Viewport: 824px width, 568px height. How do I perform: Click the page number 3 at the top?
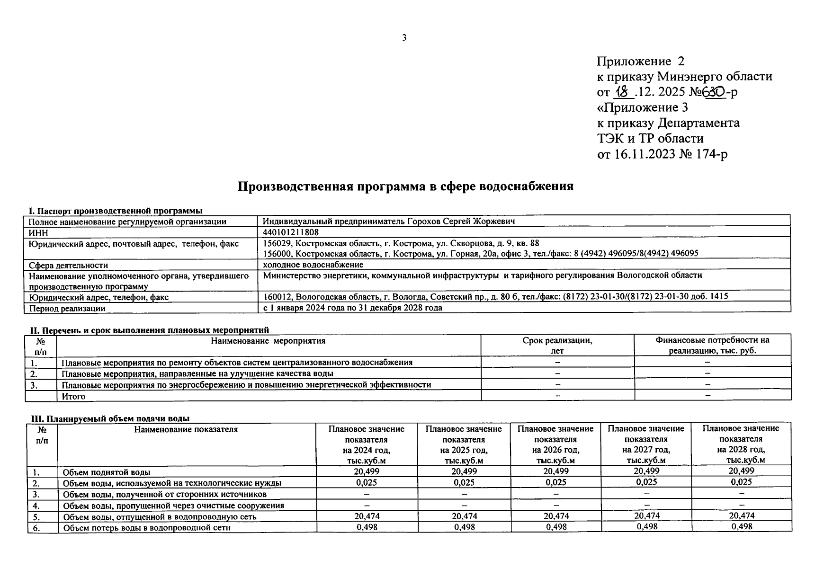[404, 38]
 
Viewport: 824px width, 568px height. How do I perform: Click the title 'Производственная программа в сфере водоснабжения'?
[405, 186]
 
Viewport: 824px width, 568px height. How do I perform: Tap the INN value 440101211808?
[291, 232]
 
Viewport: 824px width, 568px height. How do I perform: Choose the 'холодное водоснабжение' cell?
[313, 265]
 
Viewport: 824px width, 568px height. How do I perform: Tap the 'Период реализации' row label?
[67, 308]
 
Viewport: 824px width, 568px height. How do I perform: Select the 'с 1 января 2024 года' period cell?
[352, 308]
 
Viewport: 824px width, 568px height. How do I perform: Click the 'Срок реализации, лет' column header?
[557, 346]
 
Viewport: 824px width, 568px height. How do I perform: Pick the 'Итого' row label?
[73, 396]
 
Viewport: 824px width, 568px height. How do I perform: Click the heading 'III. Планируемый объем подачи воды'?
[110, 418]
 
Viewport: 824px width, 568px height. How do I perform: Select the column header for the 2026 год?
[555, 444]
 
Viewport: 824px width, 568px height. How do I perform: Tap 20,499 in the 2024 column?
[367, 471]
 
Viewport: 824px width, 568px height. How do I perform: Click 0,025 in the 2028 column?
[742, 482]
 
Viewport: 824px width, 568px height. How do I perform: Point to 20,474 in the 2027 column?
[646, 516]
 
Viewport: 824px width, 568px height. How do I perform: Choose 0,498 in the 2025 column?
[464, 527]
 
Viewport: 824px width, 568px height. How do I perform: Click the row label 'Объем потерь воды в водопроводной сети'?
[147, 527]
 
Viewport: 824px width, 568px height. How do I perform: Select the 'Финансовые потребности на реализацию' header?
[712, 345]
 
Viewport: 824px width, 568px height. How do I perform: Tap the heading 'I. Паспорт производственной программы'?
[116, 211]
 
